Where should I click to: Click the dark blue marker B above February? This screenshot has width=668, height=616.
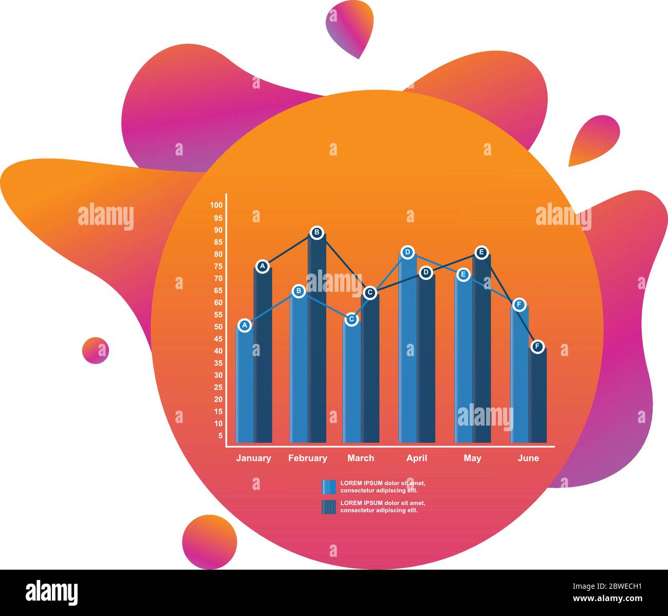317,233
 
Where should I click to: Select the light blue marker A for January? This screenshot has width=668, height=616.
245,325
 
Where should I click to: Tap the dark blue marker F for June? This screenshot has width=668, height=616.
537,346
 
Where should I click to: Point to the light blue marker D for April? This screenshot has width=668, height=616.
407,252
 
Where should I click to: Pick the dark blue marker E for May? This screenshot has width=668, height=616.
481,252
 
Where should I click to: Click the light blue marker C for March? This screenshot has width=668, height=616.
351,319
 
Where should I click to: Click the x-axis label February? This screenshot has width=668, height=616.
307,458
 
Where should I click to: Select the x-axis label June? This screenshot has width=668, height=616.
528,458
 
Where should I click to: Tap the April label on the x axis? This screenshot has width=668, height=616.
416,458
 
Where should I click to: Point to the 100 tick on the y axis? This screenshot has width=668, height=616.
216,205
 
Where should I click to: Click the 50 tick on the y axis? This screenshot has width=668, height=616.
218,327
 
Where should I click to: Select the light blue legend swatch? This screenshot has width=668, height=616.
329,487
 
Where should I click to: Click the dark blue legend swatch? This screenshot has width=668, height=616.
329,507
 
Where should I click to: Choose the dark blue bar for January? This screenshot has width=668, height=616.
263,360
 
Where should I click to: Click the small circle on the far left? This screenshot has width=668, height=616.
96,350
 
